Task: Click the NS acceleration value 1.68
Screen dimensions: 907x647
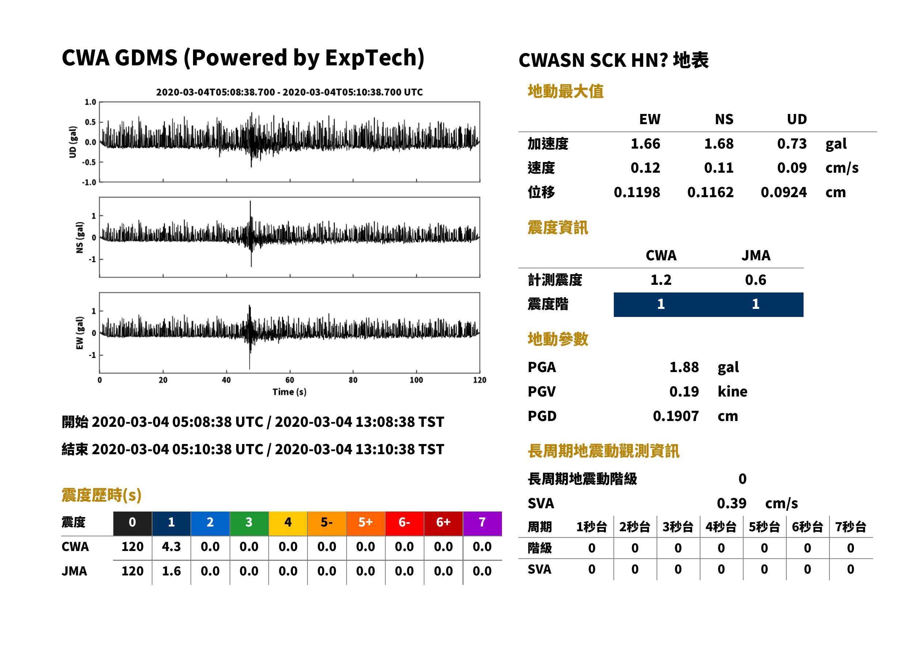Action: (x=718, y=143)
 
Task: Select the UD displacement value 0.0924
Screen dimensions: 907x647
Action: (x=783, y=192)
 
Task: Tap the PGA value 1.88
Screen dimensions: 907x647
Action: (x=684, y=367)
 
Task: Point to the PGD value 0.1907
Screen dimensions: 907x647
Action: (x=676, y=416)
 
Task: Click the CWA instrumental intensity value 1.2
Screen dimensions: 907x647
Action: (x=661, y=280)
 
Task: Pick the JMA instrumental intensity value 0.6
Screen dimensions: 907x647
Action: (x=755, y=280)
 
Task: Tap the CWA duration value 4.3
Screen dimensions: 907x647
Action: (x=171, y=547)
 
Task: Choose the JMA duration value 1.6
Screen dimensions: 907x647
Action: (x=171, y=571)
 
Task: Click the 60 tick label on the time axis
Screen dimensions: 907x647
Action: (x=290, y=380)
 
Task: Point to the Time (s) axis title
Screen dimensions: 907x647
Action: (x=290, y=392)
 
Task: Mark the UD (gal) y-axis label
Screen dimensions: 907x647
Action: (x=73, y=142)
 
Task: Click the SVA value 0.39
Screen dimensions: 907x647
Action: (x=732, y=504)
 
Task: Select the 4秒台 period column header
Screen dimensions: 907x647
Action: (x=721, y=527)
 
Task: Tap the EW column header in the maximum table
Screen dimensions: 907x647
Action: (x=650, y=119)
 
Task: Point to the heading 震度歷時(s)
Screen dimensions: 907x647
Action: (x=101, y=495)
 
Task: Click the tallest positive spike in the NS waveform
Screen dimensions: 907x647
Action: (x=250, y=202)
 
